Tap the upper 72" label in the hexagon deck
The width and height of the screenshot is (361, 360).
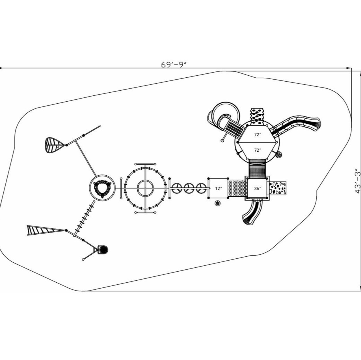tap(257, 135)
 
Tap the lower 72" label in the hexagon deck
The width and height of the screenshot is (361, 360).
tap(257, 150)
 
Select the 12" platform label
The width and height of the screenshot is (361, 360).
tap(218, 188)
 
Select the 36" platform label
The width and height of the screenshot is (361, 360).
tap(257, 188)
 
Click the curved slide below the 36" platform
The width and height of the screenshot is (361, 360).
tap(250, 213)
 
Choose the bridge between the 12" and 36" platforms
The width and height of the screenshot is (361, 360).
tap(237, 188)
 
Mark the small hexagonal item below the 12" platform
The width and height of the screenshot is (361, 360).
tap(217, 203)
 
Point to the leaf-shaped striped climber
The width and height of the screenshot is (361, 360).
tap(53, 145)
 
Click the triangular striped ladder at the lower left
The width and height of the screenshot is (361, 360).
tap(42, 230)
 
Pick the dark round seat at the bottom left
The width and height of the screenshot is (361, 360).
tap(103, 250)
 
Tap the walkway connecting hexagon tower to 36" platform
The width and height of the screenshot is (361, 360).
tap(257, 167)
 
